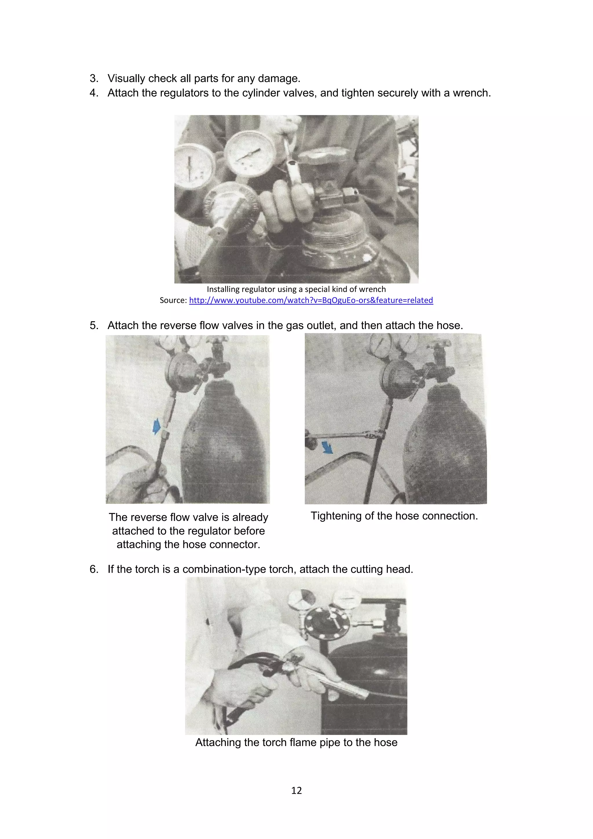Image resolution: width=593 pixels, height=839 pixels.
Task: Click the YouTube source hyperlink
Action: coord(311,300)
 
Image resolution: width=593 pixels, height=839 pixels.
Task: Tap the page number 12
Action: coord(296,790)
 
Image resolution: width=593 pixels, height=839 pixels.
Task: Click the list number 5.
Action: coord(94,326)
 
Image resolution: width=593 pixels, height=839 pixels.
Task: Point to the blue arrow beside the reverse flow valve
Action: coord(156,426)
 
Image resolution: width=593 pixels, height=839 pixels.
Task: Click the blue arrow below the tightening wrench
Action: coord(327,447)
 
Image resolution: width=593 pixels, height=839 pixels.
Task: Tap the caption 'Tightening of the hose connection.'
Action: coord(394,516)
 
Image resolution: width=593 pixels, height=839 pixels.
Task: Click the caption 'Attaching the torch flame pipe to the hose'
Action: coord(296,742)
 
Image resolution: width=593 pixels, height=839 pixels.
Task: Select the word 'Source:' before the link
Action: coord(173,300)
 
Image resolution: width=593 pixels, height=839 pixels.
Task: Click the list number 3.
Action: coord(94,79)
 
